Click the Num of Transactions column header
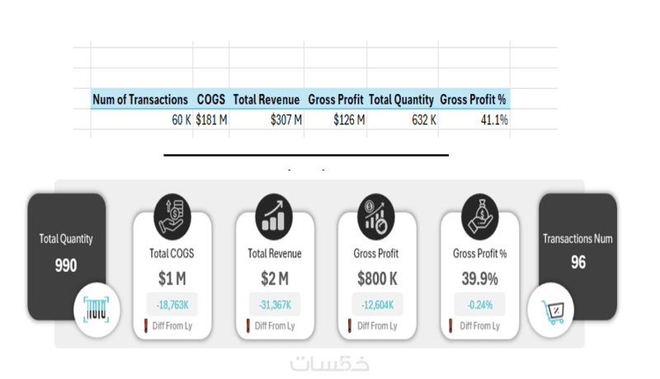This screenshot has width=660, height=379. (140, 100)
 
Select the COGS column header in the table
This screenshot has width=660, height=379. (211, 100)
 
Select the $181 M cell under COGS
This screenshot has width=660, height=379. (211, 119)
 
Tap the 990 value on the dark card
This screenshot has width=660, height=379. (66, 265)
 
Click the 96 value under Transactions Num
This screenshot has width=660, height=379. (577, 263)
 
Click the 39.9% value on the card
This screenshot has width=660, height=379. (478, 278)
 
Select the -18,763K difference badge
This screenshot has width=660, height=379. (172, 304)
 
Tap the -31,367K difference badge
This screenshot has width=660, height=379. (275, 304)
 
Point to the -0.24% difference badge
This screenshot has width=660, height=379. (479, 304)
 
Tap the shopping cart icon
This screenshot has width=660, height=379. (550, 311)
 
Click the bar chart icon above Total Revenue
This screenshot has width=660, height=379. (275, 215)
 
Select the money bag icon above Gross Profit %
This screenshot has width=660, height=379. (479, 215)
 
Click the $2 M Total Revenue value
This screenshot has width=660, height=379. (275, 278)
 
